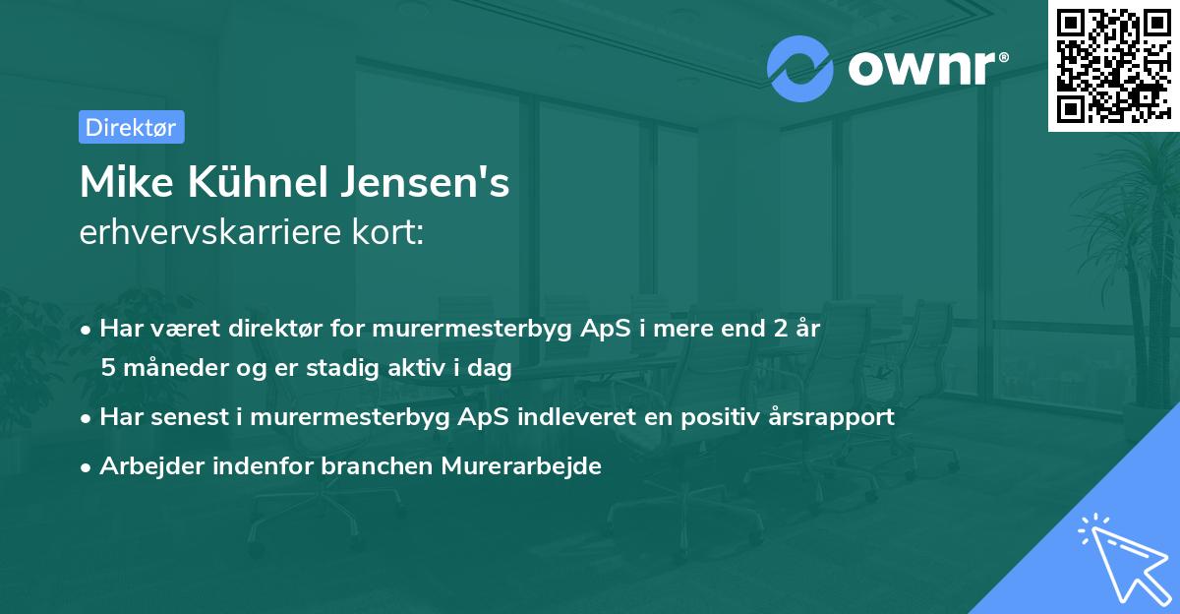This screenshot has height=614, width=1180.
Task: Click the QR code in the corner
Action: click(1113, 65)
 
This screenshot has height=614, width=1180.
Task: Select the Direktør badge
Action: click(131, 127)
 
